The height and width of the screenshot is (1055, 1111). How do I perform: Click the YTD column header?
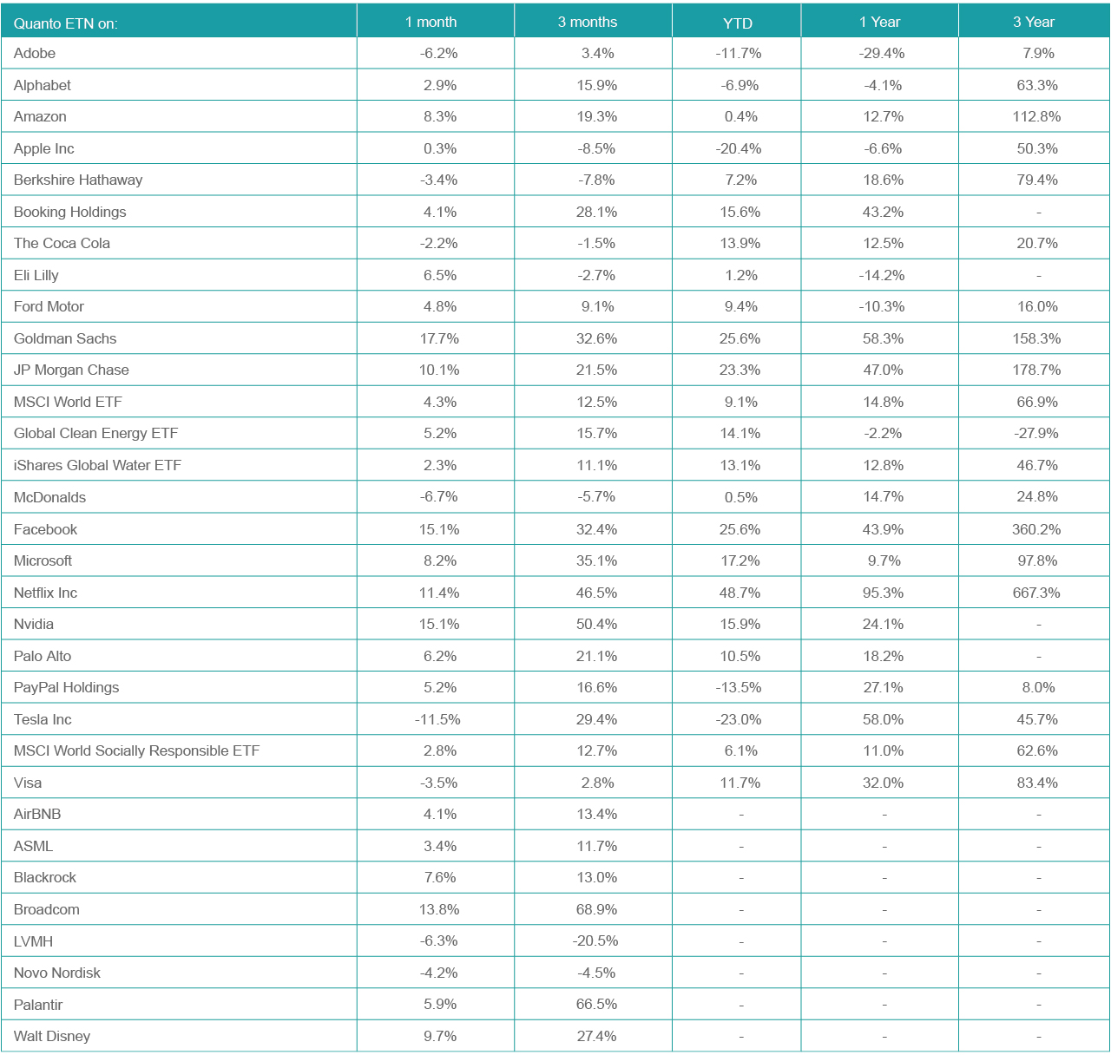[x=738, y=23]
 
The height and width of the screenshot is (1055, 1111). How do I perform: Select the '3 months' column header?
[x=587, y=22]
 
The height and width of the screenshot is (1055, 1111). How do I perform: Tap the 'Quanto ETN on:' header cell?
[x=66, y=23]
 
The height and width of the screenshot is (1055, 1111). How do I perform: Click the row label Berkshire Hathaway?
[x=78, y=180]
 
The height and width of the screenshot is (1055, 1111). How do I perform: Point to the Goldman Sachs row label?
[x=65, y=338]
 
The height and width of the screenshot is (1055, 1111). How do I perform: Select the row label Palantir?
[x=38, y=1004]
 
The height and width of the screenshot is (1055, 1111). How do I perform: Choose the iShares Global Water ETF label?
[x=97, y=465]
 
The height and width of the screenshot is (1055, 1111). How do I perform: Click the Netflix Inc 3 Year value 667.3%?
[x=1036, y=593]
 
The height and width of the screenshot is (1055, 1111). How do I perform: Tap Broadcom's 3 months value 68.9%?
[x=597, y=909]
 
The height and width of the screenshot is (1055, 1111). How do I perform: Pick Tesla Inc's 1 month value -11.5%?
[x=438, y=719]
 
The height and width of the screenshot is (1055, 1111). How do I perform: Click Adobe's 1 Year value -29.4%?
[x=882, y=53]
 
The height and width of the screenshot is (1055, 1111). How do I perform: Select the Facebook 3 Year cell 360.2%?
[x=1036, y=529]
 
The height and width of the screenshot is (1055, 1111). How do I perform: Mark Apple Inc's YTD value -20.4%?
[x=739, y=148]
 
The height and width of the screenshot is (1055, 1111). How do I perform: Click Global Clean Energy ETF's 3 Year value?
[x=1037, y=433]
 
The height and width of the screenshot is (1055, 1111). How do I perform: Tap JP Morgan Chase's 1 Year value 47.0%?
[x=883, y=370]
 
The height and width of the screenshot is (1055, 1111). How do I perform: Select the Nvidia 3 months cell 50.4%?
[x=597, y=624]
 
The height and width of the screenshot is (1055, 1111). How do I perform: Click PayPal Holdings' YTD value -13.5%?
[x=739, y=687]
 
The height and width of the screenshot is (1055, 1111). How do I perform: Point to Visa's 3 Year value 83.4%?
[x=1037, y=783]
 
